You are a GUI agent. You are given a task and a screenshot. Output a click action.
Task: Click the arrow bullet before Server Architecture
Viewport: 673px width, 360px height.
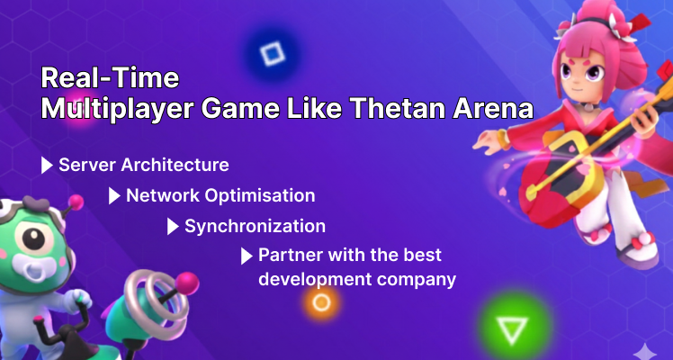pos(47,166)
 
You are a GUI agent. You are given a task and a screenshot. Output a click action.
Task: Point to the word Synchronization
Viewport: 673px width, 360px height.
pos(255,226)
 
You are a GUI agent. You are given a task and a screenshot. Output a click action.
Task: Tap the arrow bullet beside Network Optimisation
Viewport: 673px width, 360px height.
pos(114,195)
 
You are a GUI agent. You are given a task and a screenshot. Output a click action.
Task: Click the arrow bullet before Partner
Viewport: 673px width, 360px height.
pos(246,256)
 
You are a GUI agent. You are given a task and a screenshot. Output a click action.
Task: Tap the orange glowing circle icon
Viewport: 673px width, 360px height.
pos(320,303)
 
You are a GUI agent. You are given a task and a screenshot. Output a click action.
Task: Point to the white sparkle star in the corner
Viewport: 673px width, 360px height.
pos(645,350)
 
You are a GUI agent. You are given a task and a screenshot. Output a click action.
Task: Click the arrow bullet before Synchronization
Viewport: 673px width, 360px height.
pos(173,226)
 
